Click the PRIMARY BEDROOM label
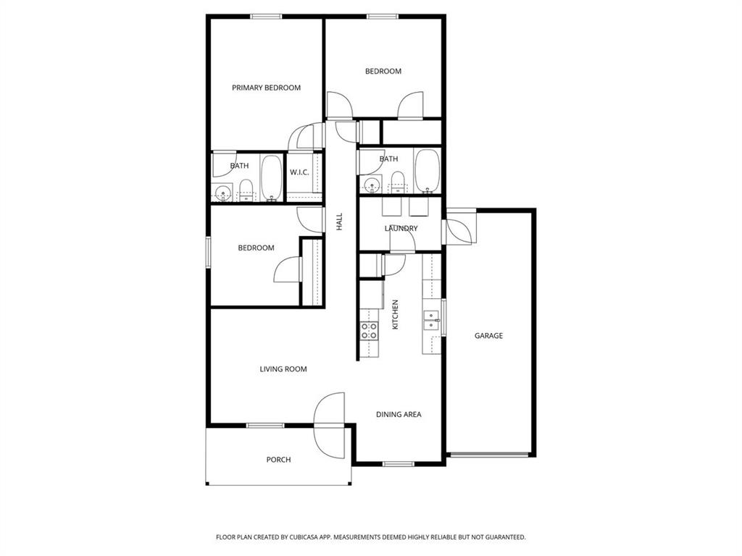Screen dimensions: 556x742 click(266, 88)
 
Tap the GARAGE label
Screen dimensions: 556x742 click(488, 336)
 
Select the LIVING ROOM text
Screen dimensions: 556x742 click(283, 369)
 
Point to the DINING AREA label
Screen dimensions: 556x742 click(399, 415)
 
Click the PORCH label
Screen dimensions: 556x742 click(278, 460)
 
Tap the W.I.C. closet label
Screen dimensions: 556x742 click(300, 172)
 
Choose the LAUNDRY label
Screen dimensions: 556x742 click(401, 229)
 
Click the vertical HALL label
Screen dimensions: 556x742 click(339, 222)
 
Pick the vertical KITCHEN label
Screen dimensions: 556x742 click(396, 315)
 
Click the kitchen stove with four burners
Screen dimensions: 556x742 click(369, 332)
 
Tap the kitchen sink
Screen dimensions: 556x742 click(432, 320)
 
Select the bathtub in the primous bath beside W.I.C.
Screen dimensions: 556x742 click(272, 178)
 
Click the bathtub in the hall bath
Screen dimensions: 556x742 click(426, 171)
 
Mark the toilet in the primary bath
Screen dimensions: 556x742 click(246, 189)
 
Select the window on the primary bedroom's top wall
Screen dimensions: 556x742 click(265, 17)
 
